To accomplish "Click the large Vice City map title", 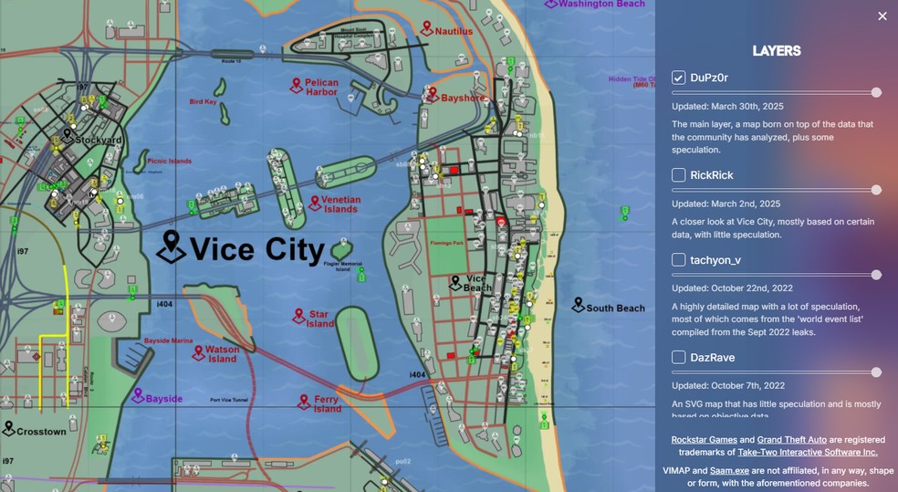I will pyautogui.click(x=256, y=249).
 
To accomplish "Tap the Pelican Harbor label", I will pyautogui.click(x=321, y=87).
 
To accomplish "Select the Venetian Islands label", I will pyautogui.click(x=340, y=204).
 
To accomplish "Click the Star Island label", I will pyautogui.click(x=318, y=319).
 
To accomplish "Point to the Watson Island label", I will pyautogui.click(x=222, y=353).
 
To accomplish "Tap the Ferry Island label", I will pyautogui.click(x=326, y=403).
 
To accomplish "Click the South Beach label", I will pyautogui.click(x=614, y=308).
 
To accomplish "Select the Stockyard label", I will pyautogui.click(x=99, y=141).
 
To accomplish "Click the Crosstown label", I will pyautogui.click(x=41, y=431).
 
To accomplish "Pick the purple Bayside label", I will pyautogui.click(x=164, y=399).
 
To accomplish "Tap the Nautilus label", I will pyautogui.click(x=454, y=31).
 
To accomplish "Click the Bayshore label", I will pyautogui.click(x=463, y=97).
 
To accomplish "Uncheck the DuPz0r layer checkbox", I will pyautogui.click(x=679, y=78).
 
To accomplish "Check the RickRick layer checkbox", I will pyautogui.click(x=679, y=175).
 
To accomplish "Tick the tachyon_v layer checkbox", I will pyautogui.click(x=679, y=260).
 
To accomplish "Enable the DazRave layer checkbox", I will pyautogui.click(x=679, y=358).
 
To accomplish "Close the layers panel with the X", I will pyautogui.click(x=882, y=16).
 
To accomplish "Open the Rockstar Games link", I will pyautogui.click(x=705, y=440).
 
